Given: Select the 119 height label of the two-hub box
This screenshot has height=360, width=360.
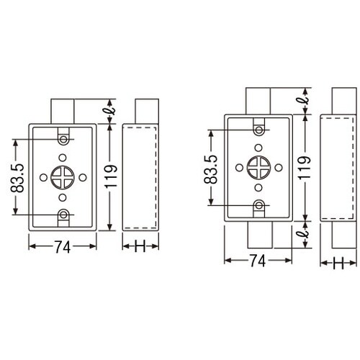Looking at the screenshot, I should [x=307, y=168].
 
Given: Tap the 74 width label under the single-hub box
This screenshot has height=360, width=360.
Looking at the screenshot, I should [x=62, y=247].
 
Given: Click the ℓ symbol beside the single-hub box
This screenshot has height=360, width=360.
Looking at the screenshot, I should [x=112, y=112].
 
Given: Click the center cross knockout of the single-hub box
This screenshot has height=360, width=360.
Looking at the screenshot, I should [x=63, y=176].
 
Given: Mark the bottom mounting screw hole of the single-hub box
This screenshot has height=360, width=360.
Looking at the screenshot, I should [x=63, y=215].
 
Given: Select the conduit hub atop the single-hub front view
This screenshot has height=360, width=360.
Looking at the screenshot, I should [x=63, y=111].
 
